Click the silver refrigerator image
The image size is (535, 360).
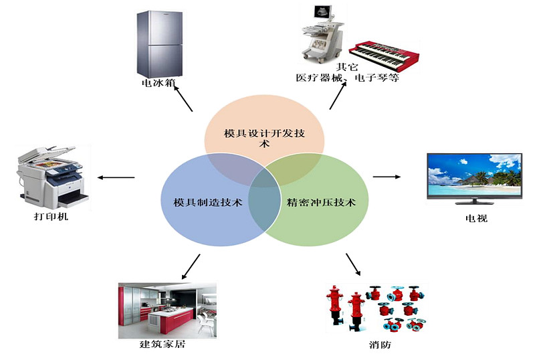[x=159, y=44]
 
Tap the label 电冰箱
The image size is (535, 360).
[x=158, y=83]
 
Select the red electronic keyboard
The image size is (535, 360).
[x=384, y=56]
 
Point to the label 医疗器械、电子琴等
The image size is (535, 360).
[x=347, y=78]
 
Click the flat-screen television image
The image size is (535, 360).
[x=475, y=179]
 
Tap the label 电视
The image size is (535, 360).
[x=476, y=218]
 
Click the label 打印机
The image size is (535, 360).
[x=51, y=216]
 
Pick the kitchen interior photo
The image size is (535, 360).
[x=167, y=310]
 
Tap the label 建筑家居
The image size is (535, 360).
[x=163, y=344]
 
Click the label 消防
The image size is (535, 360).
[x=380, y=345]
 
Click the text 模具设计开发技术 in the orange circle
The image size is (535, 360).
[x=264, y=138]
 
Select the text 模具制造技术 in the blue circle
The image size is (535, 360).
[x=208, y=202]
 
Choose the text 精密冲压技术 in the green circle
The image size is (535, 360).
[x=321, y=202]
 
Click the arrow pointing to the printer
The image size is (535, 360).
[x=116, y=177]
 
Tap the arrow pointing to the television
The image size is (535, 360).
[x=387, y=177]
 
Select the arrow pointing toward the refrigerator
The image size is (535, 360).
[x=183, y=98]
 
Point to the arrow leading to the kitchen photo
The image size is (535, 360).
[x=191, y=266]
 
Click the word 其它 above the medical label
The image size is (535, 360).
[x=347, y=67]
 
